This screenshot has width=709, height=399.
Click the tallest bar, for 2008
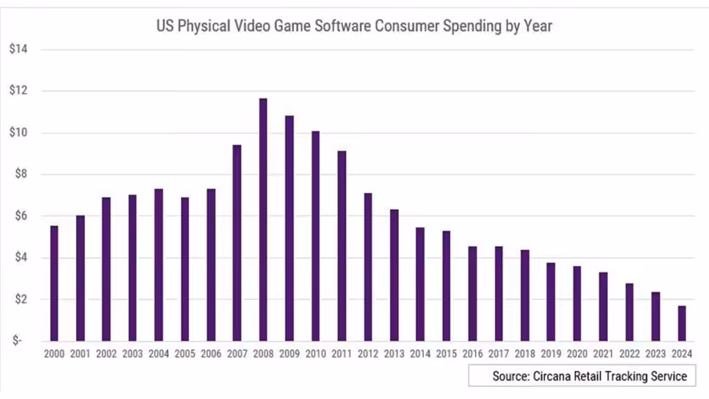[x=263, y=220]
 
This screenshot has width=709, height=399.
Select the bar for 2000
[x=54, y=283]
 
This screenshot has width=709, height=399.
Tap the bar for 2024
[x=682, y=323]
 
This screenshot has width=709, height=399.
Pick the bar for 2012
[x=368, y=267]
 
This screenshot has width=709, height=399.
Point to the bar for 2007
[x=237, y=243]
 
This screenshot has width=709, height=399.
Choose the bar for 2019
[x=550, y=302]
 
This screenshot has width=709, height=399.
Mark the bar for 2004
[x=159, y=265]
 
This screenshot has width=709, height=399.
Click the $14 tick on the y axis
[x=19, y=49]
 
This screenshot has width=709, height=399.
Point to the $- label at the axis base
[x=17, y=340]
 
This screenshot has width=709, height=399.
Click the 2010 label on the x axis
[x=316, y=354]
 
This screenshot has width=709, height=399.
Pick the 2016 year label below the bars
[x=472, y=354]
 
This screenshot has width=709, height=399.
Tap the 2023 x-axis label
[x=656, y=354]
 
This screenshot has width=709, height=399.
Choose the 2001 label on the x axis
[x=80, y=354]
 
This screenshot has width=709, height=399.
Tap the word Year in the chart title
[x=538, y=26]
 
